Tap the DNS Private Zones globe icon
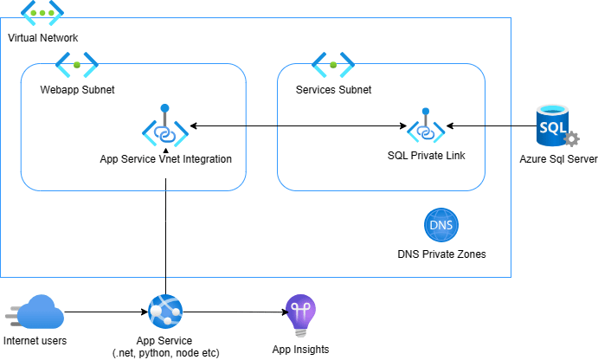(441, 226)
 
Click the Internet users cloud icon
(34, 312)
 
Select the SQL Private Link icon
(426, 127)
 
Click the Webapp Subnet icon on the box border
(77, 64)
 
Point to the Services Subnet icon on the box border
(333, 64)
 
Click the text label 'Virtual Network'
(43, 38)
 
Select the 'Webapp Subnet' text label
(77, 89)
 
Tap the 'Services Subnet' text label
(333, 89)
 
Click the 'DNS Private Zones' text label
(441, 254)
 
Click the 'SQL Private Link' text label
(426, 157)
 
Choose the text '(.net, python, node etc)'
(164, 353)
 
